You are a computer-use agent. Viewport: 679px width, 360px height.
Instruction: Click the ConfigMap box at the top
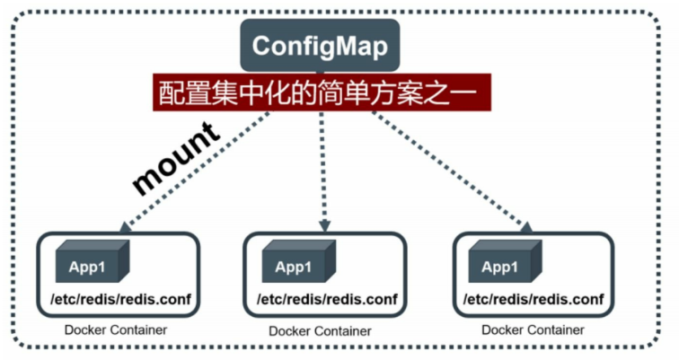click(319, 46)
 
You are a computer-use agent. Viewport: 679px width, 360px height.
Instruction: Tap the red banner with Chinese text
click(322, 92)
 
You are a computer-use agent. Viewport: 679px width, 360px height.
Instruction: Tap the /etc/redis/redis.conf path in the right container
click(533, 298)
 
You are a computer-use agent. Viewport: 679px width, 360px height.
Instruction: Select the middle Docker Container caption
click(320, 330)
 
